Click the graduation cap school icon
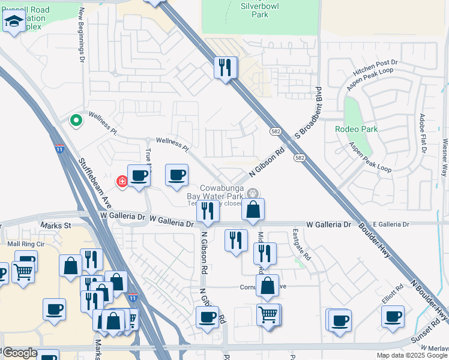click(14, 23)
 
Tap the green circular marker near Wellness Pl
click(76, 121)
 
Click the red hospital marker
click(122, 181)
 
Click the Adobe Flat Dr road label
click(423, 133)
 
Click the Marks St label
click(55, 226)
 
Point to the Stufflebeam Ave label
click(95, 180)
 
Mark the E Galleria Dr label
click(391, 224)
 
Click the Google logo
click(19, 353)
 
